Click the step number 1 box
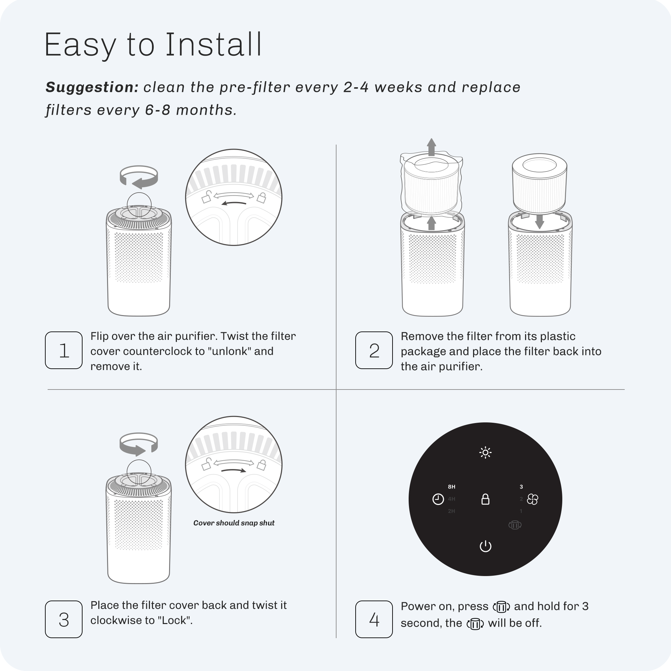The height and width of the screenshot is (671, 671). [x=63, y=350]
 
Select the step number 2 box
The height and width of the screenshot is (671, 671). [x=374, y=350]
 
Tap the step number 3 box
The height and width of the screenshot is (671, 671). [x=63, y=619]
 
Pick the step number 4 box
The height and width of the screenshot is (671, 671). [x=374, y=619]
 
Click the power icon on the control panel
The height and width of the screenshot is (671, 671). [x=485, y=546]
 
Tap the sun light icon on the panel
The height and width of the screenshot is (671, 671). [x=485, y=453]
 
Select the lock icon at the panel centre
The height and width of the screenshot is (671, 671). [x=485, y=499]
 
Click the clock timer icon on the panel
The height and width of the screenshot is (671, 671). [x=438, y=500]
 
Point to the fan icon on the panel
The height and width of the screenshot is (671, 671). [x=532, y=500]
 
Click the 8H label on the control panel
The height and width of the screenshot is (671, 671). [x=452, y=487]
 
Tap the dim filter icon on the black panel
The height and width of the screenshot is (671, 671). [x=515, y=525]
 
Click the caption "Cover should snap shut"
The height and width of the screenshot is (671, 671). [x=234, y=523]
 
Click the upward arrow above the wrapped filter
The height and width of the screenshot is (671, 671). [x=431, y=147]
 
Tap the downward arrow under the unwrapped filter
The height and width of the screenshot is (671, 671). [x=539, y=221]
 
